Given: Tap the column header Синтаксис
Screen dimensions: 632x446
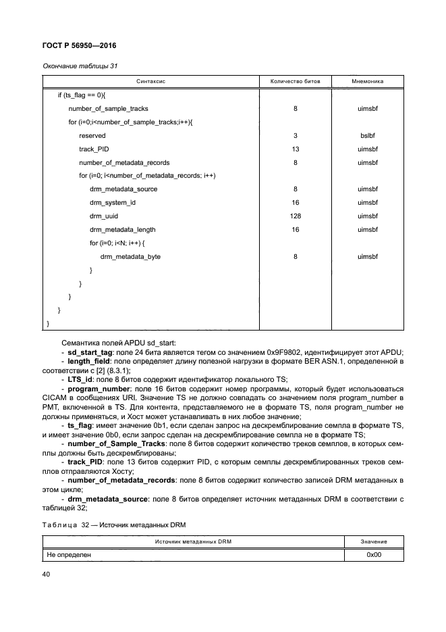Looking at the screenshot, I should tap(151, 81).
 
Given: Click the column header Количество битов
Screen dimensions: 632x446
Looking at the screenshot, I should tap(296, 81).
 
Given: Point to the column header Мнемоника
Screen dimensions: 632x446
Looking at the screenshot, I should tap(368, 81).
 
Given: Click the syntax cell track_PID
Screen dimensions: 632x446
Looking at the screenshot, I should tap(94, 149).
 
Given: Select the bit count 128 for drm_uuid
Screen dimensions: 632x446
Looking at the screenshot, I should tap(296, 216).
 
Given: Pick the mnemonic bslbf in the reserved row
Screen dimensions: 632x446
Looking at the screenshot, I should tap(368, 135).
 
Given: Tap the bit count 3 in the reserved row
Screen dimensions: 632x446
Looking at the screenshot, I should tap(296, 135).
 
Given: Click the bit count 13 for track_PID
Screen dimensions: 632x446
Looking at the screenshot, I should tap(296, 149).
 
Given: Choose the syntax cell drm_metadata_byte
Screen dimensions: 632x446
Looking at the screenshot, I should tap(130, 257).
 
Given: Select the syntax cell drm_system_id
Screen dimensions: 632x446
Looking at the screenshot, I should tap(113, 203).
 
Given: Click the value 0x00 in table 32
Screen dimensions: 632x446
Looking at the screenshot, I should tap(374, 554).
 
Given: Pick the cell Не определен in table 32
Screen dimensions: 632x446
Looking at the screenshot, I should tap(69, 554).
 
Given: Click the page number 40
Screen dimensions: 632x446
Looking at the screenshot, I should tap(46, 575).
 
